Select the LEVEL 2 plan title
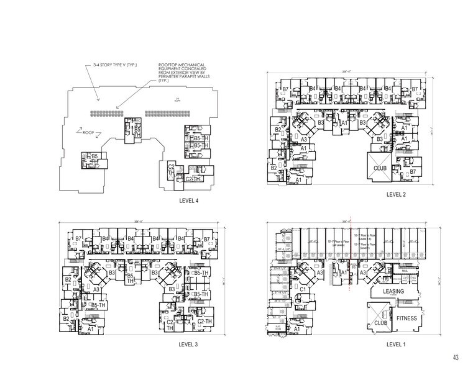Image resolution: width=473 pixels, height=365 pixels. pyautogui.click(x=396, y=194)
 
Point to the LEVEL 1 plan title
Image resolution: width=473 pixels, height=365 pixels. pyautogui.click(x=396, y=343)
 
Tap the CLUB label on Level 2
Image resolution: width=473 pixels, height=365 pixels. pyautogui.click(x=380, y=168)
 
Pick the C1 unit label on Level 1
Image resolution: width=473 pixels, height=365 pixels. pyautogui.click(x=303, y=289)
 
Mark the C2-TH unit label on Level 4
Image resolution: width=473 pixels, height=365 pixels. pyautogui.click(x=193, y=179)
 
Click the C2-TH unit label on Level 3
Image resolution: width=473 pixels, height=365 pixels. pyautogui.click(x=204, y=320)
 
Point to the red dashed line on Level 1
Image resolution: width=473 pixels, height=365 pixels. pyautogui.click(x=351, y=255)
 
